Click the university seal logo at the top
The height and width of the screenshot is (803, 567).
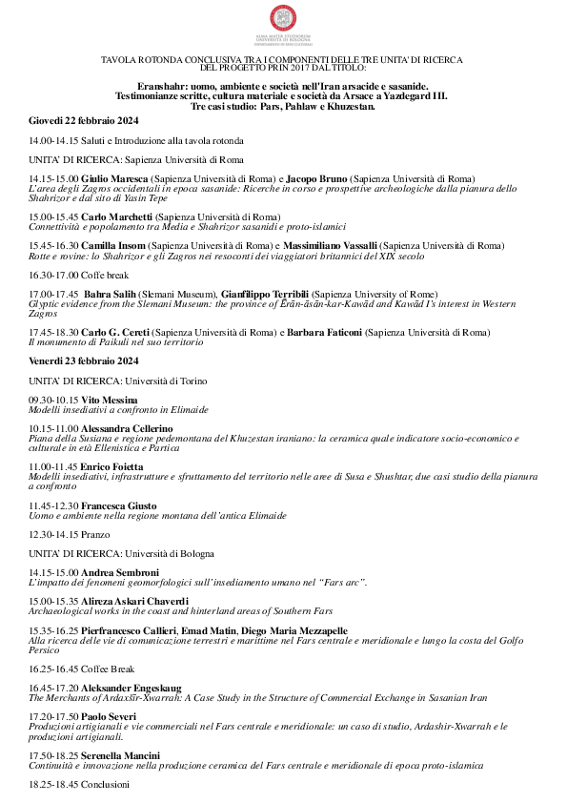[x=283, y=19]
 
